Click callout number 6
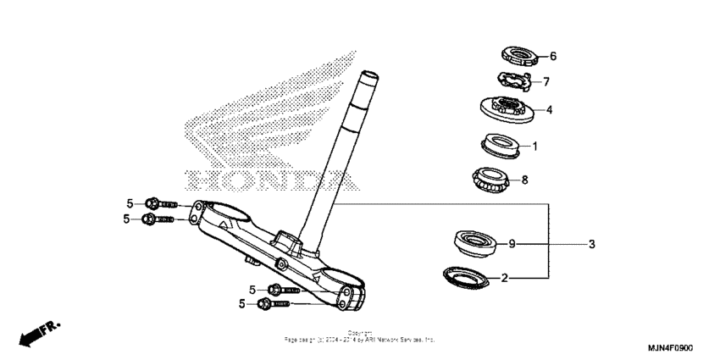(553, 57)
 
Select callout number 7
(546, 82)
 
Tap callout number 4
(549, 109)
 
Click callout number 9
(512, 244)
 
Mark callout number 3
(592, 244)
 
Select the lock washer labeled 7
(512, 82)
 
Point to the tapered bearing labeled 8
(489, 180)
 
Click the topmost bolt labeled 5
(160, 203)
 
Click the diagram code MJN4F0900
(669, 348)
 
